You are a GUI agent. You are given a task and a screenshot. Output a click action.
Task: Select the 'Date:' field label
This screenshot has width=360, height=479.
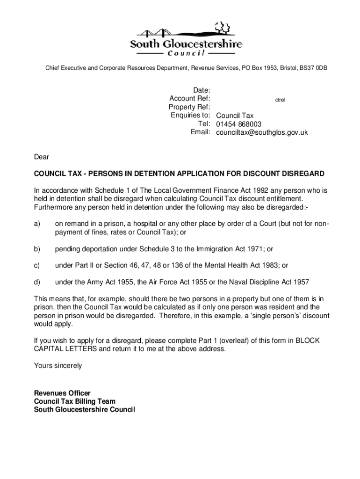[202, 90]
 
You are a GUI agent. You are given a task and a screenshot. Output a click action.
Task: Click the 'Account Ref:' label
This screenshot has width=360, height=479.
[190, 98]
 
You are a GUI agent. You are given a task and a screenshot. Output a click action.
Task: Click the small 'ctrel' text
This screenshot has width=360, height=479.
[280, 100]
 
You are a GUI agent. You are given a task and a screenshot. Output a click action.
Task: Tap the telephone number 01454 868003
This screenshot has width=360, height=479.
[238, 124]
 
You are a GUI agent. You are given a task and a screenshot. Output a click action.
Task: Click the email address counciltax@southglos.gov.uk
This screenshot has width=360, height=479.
[262, 132]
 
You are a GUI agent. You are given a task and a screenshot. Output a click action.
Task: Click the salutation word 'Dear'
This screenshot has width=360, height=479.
[41, 157]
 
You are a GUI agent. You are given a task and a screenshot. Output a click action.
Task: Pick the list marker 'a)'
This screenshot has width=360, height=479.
[37, 224]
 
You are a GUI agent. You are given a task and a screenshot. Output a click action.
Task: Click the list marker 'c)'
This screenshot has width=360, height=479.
[37, 265]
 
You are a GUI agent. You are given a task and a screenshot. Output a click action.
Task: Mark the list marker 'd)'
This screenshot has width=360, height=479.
[37, 282]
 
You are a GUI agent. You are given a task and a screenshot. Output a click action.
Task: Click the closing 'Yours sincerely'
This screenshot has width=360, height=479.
[58, 365]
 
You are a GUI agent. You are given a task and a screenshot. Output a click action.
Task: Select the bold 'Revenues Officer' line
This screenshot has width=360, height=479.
[62, 393]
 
